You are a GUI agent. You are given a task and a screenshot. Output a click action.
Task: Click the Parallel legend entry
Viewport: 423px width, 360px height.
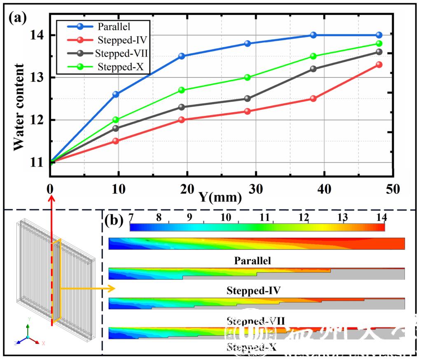[114, 27]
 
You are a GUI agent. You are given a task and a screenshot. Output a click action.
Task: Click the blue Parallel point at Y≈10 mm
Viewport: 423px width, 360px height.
[116, 94]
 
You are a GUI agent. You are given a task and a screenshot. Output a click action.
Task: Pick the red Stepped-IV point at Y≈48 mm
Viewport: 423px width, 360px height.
[379, 65]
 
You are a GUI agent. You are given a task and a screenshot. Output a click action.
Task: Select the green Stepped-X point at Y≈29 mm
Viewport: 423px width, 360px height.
[248, 77]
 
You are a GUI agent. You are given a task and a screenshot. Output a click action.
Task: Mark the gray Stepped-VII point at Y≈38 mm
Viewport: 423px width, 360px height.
[313, 69]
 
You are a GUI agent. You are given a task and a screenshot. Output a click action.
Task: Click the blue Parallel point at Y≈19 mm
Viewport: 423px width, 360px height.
[182, 56]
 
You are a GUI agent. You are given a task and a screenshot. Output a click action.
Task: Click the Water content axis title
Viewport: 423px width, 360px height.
[19, 107]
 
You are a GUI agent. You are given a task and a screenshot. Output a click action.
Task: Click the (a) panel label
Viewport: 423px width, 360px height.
[20, 18]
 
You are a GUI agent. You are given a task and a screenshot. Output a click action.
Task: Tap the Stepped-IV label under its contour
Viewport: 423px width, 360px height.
[253, 290]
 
